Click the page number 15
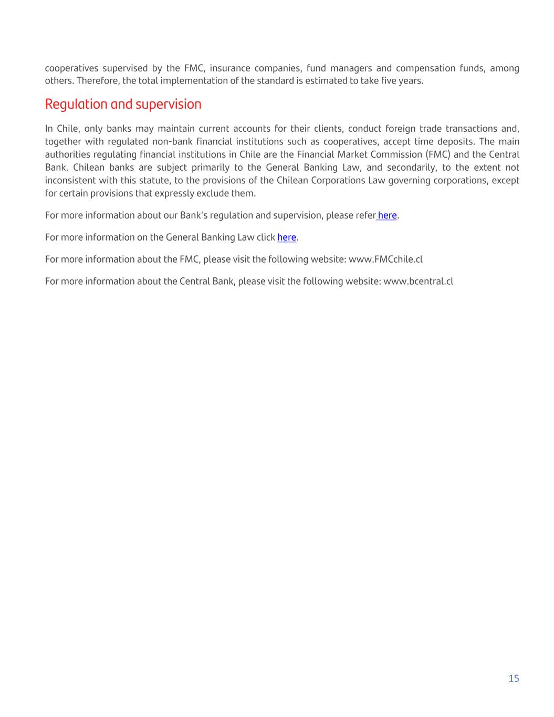pyautogui.click(x=514, y=678)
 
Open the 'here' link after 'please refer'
pyautogui.click(x=387, y=215)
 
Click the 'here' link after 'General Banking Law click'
pyautogui.click(x=287, y=237)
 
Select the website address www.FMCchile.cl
pyautogui.click(x=385, y=259)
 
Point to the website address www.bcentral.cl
pyautogui.click(x=418, y=282)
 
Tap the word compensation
pyautogui.click(x=425, y=68)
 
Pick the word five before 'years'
pyautogui.click(x=389, y=81)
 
